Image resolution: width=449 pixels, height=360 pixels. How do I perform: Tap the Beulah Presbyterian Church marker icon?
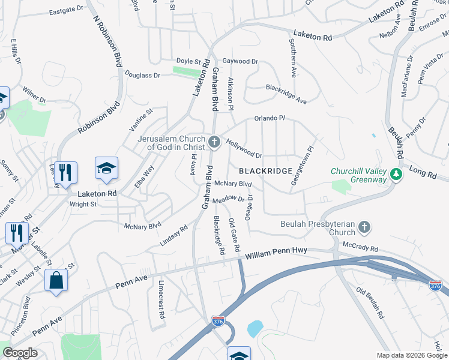[x=364, y=227]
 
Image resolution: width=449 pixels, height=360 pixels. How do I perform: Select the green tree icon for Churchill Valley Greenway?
[x=396, y=174]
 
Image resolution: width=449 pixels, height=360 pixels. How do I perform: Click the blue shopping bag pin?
[x=56, y=280]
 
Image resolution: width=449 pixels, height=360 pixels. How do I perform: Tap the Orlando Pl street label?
[x=268, y=118]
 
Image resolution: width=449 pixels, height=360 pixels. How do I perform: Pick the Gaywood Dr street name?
[x=240, y=61]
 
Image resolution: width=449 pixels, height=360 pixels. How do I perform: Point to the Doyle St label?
[x=188, y=61]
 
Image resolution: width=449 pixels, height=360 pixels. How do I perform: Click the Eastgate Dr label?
[x=67, y=10]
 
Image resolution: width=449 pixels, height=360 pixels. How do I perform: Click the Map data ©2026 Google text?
[x=412, y=355]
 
